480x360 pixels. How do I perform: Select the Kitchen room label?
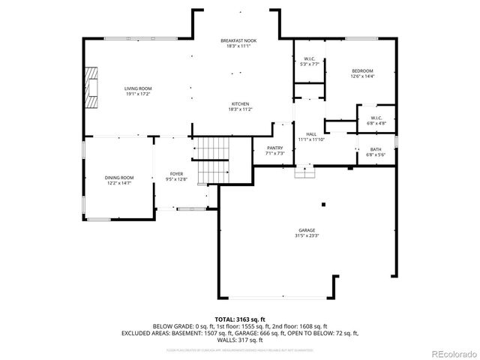coord(240,103)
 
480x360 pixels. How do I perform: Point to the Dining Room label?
coord(119,177)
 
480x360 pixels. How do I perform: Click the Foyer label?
coord(176,174)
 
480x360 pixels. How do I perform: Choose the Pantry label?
coord(275,148)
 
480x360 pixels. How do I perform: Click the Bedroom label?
coord(362,70)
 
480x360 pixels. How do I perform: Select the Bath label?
coord(375,149)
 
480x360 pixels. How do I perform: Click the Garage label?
coord(306,230)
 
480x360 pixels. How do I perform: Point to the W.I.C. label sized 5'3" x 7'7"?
coord(309,59)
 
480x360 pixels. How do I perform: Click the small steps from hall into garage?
coord(303,173)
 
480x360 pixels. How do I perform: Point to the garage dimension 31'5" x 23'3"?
coord(306,235)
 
